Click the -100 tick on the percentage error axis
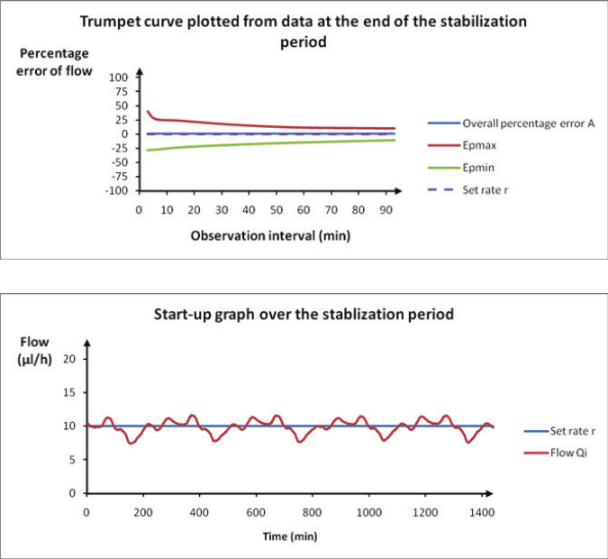(x=118, y=191)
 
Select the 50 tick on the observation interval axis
(x=276, y=209)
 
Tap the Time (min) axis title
(x=288, y=536)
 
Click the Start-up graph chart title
(x=303, y=315)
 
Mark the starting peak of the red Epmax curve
(x=147, y=111)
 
